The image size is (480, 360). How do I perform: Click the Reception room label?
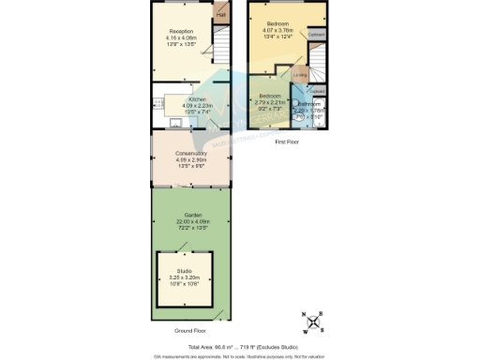tap(181, 32)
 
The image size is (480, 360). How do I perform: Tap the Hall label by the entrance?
tap(222, 15)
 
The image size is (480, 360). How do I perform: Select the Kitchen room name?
tap(197, 98)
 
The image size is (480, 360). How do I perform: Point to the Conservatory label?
tap(191, 153)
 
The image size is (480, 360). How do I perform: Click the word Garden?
tap(191, 215)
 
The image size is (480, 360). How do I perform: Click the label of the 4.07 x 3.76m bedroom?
tap(278, 23)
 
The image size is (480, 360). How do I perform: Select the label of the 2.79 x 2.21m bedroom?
tap(271, 97)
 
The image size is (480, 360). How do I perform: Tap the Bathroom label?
tap(309, 104)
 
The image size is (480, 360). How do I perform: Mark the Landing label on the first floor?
tap(299, 77)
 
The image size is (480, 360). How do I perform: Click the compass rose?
tap(316, 322)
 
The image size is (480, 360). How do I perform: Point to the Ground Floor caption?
tap(190, 331)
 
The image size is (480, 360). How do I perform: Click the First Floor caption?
tap(287, 141)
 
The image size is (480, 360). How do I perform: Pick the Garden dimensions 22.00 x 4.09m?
tap(191, 221)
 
